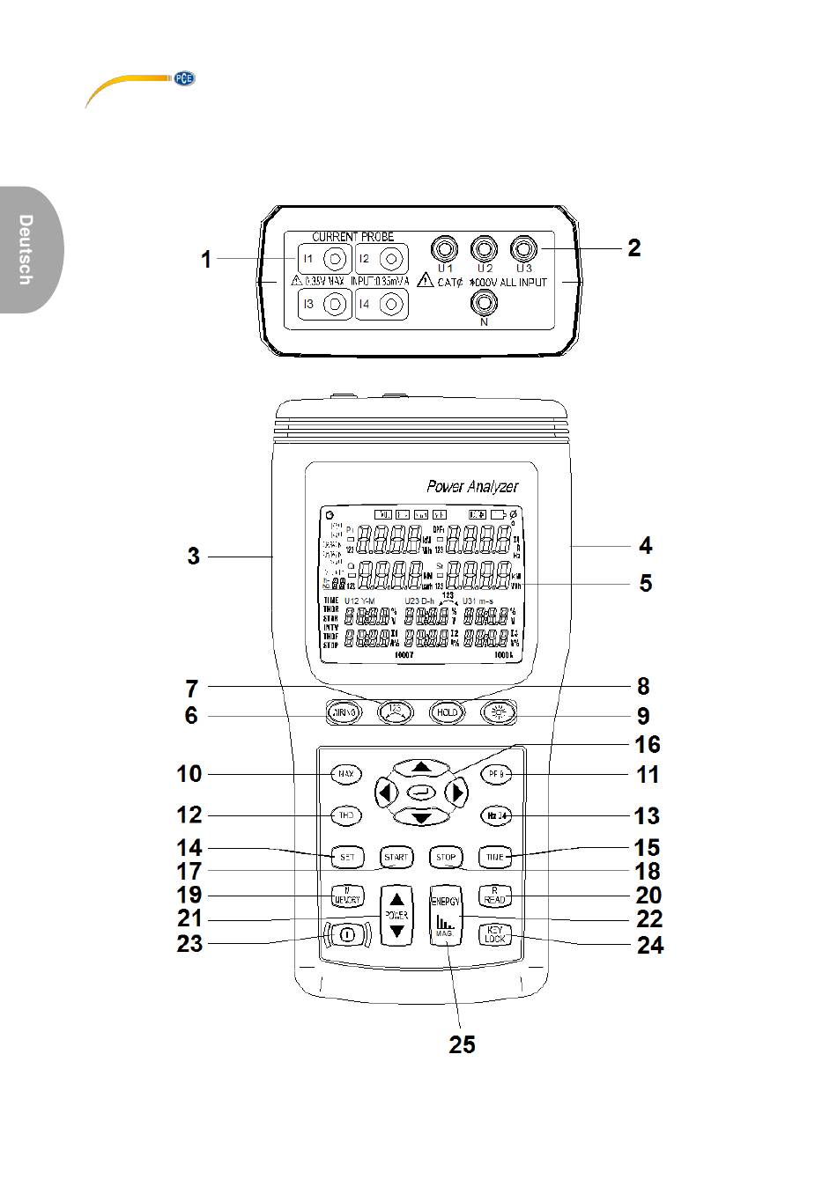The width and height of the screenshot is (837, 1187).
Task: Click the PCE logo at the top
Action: (x=184, y=78)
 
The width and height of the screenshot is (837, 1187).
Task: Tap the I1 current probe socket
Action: (x=335, y=259)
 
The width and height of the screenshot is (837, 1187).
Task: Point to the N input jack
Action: (x=483, y=303)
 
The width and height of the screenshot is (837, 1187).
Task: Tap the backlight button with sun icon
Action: (x=499, y=712)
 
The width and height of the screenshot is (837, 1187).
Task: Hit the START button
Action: (x=396, y=856)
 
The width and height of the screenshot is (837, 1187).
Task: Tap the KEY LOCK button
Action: (x=495, y=934)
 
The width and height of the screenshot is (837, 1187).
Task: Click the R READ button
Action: (x=495, y=896)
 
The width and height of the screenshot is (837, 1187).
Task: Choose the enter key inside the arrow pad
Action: (x=421, y=792)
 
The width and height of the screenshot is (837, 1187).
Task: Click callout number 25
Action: (x=462, y=1044)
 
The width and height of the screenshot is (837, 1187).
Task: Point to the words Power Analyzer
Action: (x=472, y=486)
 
